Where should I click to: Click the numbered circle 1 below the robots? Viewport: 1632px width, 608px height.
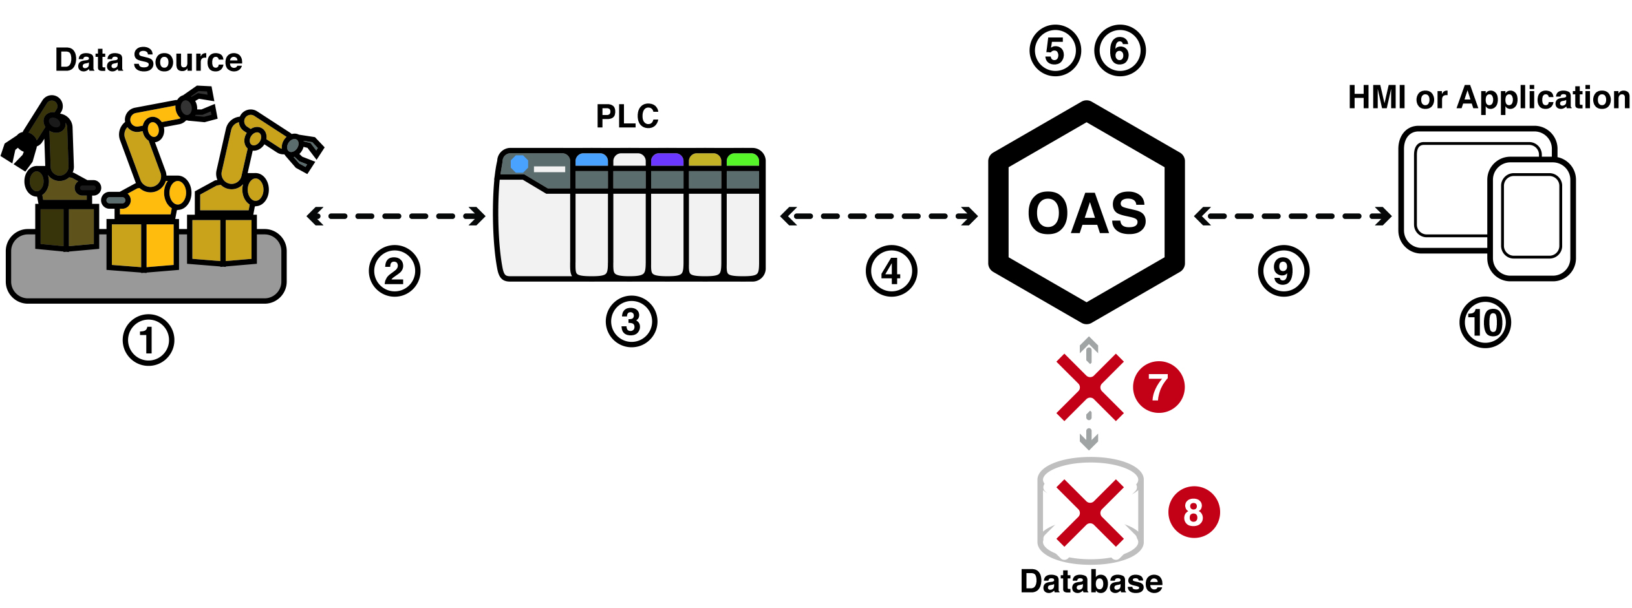[x=148, y=340]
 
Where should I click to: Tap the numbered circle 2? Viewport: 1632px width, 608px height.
[x=394, y=271]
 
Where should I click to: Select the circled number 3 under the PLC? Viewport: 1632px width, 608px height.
[x=631, y=321]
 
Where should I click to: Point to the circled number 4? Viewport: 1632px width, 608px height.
[x=891, y=271]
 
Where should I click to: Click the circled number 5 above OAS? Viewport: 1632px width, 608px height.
[x=1055, y=50]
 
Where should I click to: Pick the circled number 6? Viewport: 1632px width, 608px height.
[x=1120, y=50]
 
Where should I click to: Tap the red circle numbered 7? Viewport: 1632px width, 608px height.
[x=1159, y=387]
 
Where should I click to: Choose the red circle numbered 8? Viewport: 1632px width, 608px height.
[x=1194, y=512]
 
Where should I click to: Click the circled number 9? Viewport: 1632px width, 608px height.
[x=1283, y=271]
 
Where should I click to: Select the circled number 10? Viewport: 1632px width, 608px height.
[x=1485, y=322]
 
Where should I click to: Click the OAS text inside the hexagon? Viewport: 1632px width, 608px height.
[x=1087, y=213]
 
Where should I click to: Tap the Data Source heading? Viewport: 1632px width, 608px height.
[x=149, y=60]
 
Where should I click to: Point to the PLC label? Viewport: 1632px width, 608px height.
[x=627, y=116]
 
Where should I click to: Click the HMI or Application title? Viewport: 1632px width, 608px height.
[x=1489, y=98]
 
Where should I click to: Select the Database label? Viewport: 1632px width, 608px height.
[x=1091, y=582]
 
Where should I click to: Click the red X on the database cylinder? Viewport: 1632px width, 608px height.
[x=1090, y=513]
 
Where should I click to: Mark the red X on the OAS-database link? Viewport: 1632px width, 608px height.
[x=1090, y=388]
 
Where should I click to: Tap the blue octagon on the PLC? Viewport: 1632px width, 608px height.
[x=519, y=164]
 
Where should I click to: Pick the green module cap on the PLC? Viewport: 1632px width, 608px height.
[x=743, y=160]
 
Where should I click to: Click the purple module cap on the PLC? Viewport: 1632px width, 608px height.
[x=667, y=160]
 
